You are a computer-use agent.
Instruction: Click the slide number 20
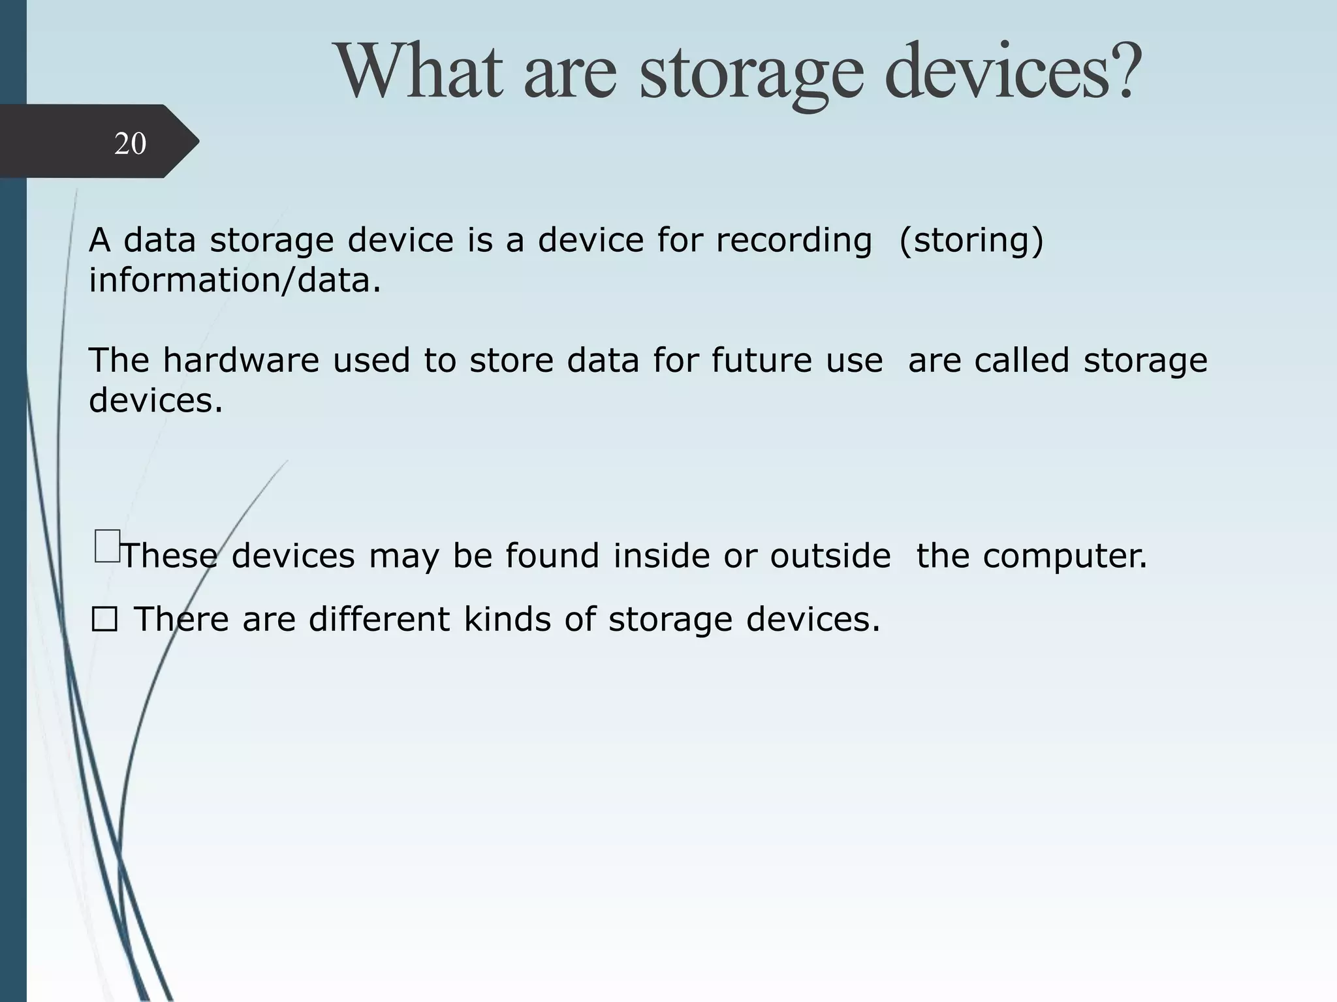130,144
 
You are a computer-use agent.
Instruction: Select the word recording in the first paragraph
793,240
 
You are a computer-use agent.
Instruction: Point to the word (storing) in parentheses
971,240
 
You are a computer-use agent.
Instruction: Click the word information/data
234,281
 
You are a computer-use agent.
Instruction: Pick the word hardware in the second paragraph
241,360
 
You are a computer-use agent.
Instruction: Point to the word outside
830,556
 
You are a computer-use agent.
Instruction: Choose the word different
379,619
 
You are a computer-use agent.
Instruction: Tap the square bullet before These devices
106,546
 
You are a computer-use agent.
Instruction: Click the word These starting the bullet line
170,556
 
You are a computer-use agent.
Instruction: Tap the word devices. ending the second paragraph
155,400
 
